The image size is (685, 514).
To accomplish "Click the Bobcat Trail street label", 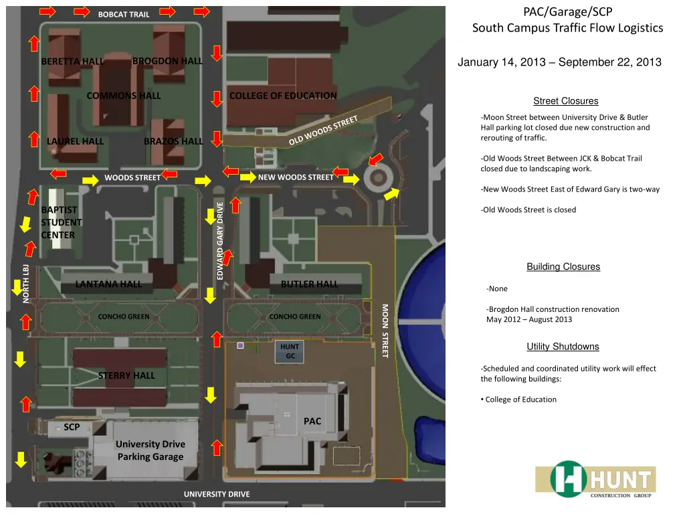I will pyautogui.click(x=124, y=14).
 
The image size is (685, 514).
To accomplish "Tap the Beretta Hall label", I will pyautogui.click(x=72, y=62).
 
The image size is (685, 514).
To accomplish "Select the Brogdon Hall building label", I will pyautogui.click(x=167, y=61).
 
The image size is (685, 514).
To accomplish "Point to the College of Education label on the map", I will pyautogui.click(x=283, y=96).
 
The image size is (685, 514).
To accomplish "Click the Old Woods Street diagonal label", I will pyautogui.click(x=324, y=131).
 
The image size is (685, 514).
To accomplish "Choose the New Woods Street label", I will pyautogui.click(x=296, y=177).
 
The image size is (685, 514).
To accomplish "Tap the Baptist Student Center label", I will pyautogui.click(x=62, y=222).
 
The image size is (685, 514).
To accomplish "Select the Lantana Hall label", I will pyautogui.click(x=108, y=284).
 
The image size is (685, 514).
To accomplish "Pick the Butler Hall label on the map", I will pyautogui.click(x=309, y=284).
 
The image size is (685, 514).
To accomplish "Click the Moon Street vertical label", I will pyautogui.click(x=385, y=331).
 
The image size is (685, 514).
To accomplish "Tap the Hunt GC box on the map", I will pyautogui.click(x=290, y=351).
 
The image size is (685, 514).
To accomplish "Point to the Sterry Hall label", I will pyautogui.click(x=126, y=375).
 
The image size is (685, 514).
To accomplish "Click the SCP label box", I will pyautogui.click(x=72, y=427).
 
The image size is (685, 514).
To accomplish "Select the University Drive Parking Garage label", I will pyautogui.click(x=151, y=450).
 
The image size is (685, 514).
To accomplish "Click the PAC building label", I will pyautogui.click(x=312, y=421).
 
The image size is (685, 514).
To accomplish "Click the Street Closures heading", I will pyautogui.click(x=565, y=101).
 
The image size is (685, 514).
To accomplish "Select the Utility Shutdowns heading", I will pyautogui.click(x=563, y=347).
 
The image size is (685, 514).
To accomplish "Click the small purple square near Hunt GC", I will pyautogui.click(x=241, y=346).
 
